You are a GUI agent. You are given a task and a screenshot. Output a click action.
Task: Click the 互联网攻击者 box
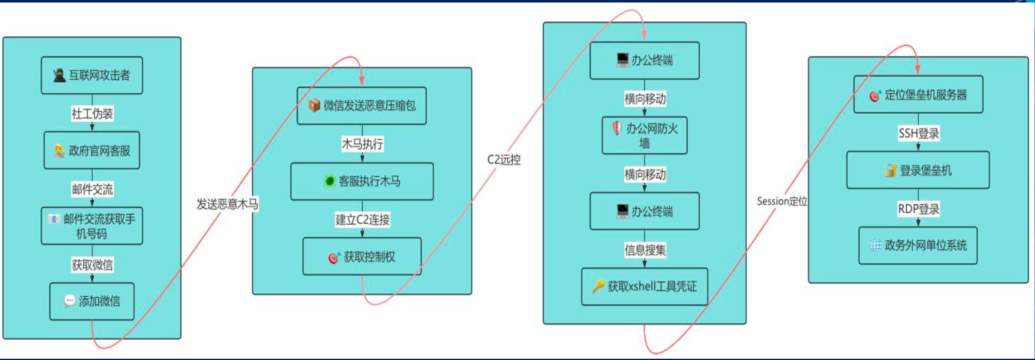tap(92, 75)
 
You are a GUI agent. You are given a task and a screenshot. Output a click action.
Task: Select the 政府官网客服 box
tap(92, 150)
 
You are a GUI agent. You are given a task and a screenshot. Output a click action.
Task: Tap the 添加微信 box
tap(92, 301)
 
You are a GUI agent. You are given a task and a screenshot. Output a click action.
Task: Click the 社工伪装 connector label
tap(92, 113)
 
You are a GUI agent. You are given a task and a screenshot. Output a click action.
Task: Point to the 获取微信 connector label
tap(92, 265)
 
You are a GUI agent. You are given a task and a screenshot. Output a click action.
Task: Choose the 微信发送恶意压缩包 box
tap(362, 105)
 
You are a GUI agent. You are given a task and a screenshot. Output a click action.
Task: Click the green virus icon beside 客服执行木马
tap(330, 181)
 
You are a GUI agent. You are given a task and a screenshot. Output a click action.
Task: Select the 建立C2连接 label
tap(362, 219)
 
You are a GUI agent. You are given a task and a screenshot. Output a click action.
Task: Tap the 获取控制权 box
tap(362, 257)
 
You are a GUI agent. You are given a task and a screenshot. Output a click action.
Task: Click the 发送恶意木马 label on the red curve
tap(227, 204)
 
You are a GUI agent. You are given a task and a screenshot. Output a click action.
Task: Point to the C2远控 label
tap(504, 160)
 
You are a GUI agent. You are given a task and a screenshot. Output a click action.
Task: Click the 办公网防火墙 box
tap(645, 135)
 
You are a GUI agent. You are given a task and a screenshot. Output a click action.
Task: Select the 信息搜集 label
tap(645, 250)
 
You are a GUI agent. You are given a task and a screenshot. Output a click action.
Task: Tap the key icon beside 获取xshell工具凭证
tap(598, 286)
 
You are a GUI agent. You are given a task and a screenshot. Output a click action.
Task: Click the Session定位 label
tap(782, 201)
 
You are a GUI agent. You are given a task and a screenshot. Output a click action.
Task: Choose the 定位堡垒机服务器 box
tap(918, 95)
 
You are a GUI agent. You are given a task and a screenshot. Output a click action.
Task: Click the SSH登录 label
tap(919, 133)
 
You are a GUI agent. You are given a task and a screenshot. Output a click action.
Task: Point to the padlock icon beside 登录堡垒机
tap(890, 170)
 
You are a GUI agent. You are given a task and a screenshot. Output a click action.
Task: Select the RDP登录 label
tap(918, 209)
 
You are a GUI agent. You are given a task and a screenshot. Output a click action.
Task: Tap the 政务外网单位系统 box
tap(918, 245)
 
